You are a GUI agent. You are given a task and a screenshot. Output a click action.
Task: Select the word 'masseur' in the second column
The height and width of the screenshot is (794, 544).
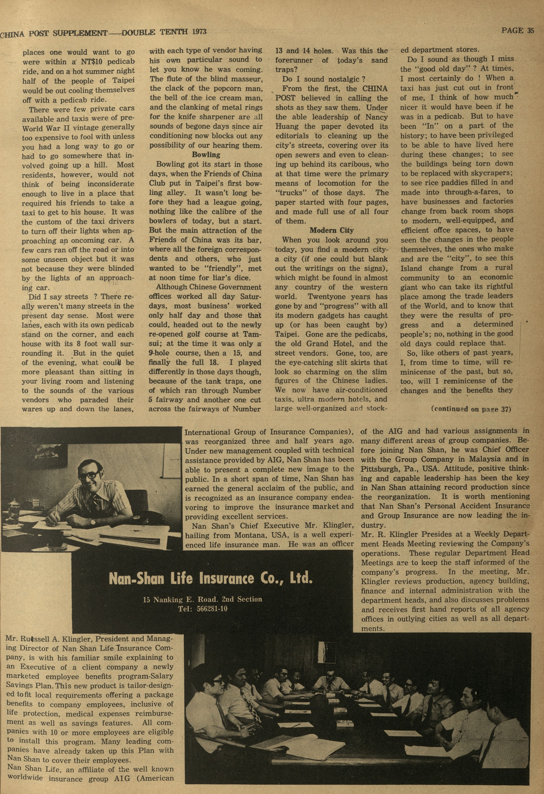(249, 79)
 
